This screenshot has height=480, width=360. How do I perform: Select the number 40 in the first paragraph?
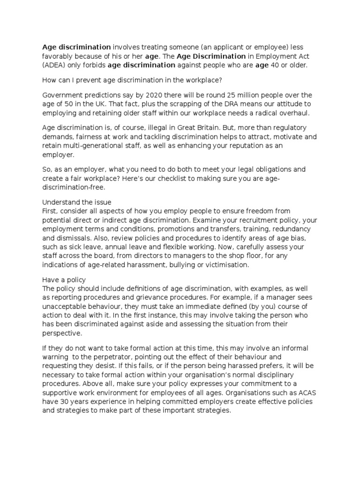[276, 65]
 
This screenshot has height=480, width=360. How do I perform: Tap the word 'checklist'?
[161, 179]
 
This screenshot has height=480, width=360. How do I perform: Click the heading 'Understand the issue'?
[76, 202]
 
